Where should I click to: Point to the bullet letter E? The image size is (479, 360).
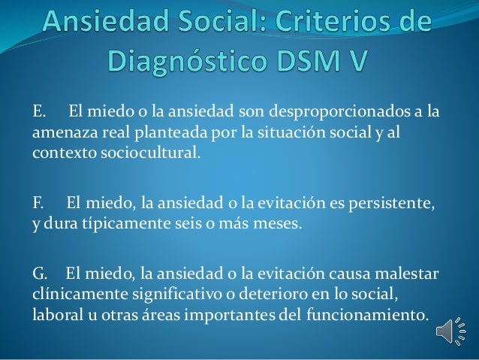coord(38,113)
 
